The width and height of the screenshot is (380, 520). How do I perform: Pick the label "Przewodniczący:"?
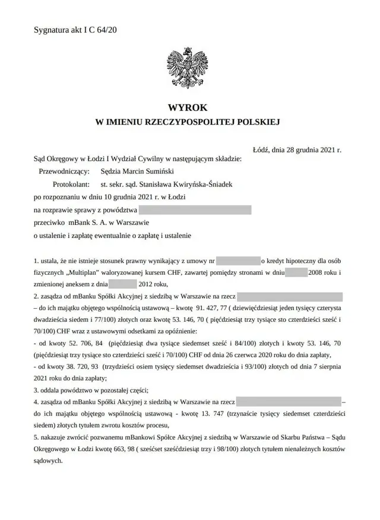click(x=63, y=172)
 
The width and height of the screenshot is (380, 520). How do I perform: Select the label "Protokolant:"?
click(x=71, y=184)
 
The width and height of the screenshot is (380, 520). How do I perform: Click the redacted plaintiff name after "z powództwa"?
click(x=195, y=210)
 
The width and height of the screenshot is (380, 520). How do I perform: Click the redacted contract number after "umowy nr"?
click(x=239, y=261)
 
